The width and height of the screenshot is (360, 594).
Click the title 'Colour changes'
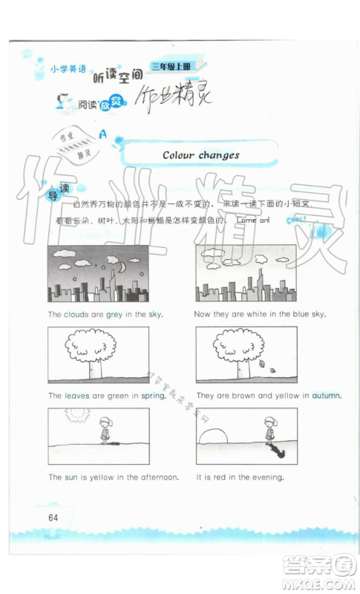point(200,154)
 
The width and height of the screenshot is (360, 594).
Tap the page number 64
point(53,517)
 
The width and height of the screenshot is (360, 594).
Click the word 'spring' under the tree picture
point(152,396)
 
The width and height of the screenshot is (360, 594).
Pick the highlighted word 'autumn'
point(325,396)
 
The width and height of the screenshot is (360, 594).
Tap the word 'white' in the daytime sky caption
point(246,314)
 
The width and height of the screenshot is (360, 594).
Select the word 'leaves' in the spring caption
point(73,396)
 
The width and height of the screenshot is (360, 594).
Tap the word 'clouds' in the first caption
point(76,314)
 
